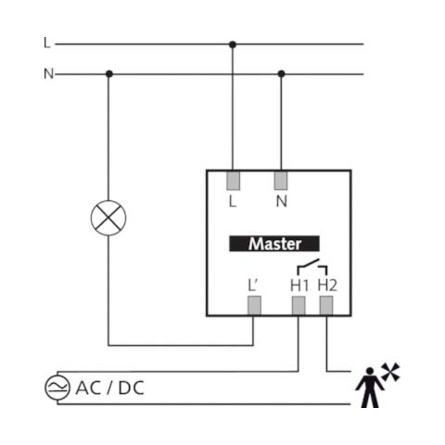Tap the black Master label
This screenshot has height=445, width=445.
(x=274, y=244)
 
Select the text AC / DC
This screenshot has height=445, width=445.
(x=110, y=388)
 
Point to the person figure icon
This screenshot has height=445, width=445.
(x=370, y=388)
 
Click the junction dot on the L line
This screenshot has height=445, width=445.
(x=232, y=44)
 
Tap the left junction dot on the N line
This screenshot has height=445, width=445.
(x=109, y=74)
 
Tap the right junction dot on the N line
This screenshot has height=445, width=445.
(x=281, y=74)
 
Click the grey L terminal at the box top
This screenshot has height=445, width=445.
(x=233, y=180)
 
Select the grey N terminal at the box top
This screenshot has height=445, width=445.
(x=281, y=180)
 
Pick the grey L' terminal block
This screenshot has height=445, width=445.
(x=254, y=305)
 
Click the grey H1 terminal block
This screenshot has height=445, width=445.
(x=299, y=305)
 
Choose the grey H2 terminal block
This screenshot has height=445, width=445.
(x=326, y=305)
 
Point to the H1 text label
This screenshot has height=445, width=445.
(x=299, y=286)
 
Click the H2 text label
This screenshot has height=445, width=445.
(x=327, y=285)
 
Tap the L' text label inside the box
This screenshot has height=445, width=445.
(x=253, y=285)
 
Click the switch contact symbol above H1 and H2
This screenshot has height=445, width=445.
(x=312, y=267)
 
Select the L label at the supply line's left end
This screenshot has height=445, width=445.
(x=47, y=43)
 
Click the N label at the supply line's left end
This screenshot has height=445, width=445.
(x=49, y=74)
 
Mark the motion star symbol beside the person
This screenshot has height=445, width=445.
(x=391, y=372)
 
